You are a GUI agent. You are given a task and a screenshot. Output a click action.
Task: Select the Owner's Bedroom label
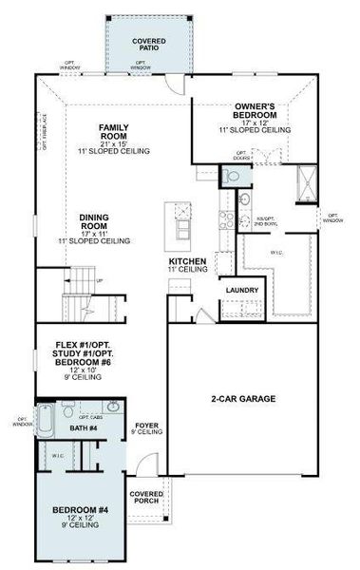pyautogui.click(x=254, y=112)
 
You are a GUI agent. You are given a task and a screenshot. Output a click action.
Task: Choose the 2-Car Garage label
pyautogui.click(x=242, y=399)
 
